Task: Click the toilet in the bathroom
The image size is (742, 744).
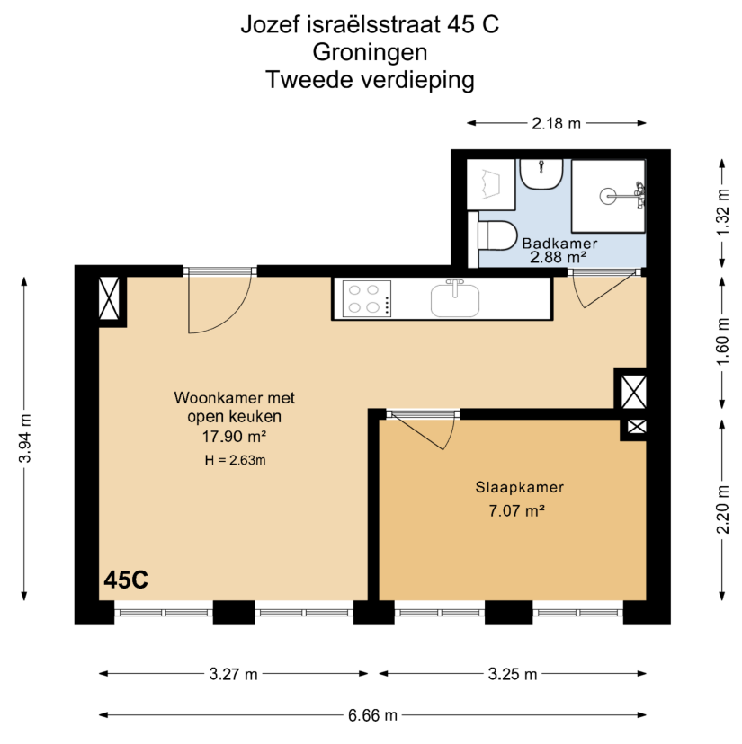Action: tap(494, 235)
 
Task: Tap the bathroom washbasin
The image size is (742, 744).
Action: tap(541, 174)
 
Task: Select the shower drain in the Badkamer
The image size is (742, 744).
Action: tap(608, 196)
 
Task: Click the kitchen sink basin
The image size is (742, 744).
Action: tap(455, 300)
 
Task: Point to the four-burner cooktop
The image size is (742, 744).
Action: tap(367, 299)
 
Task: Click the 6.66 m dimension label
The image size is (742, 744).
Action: tap(372, 714)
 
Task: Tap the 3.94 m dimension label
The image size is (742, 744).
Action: tap(24, 438)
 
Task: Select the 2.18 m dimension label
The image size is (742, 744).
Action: tap(556, 123)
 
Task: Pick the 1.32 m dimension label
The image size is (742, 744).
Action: tap(722, 212)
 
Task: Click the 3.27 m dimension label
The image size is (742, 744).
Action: tap(233, 674)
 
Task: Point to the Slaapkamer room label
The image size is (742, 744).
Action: tap(520, 487)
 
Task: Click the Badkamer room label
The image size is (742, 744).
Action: tap(559, 244)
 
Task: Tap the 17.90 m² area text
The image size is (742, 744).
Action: tap(234, 436)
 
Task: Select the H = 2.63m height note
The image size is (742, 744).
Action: tap(235, 460)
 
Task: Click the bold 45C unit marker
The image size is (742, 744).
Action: tap(126, 580)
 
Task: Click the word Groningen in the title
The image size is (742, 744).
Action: tap(370, 52)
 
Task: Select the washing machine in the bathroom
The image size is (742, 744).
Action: tap(491, 184)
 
